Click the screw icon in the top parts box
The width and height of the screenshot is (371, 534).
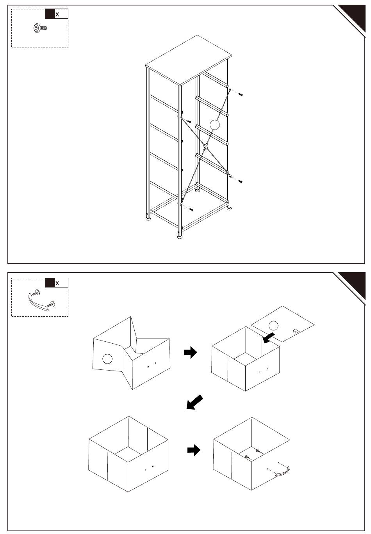tap(40, 28)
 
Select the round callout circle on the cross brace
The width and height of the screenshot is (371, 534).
tap(214, 125)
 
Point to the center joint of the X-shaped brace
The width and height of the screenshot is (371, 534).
tap(205, 147)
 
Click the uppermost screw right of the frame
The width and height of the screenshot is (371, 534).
tap(241, 94)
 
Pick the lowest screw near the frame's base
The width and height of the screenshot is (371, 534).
tap(191, 209)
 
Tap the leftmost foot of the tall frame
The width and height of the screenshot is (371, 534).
tap(148, 218)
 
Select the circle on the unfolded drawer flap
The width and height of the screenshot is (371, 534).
tap(107, 358)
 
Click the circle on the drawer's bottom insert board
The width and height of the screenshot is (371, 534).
tap(274, 325)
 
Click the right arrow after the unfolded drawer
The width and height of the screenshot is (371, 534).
tap(190, 353)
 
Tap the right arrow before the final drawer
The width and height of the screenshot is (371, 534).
tap(194, 450)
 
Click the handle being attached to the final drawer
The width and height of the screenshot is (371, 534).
tap(282, 473)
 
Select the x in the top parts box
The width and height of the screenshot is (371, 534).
tap(57, 14)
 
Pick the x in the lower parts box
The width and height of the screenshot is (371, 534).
tap(57, 283)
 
